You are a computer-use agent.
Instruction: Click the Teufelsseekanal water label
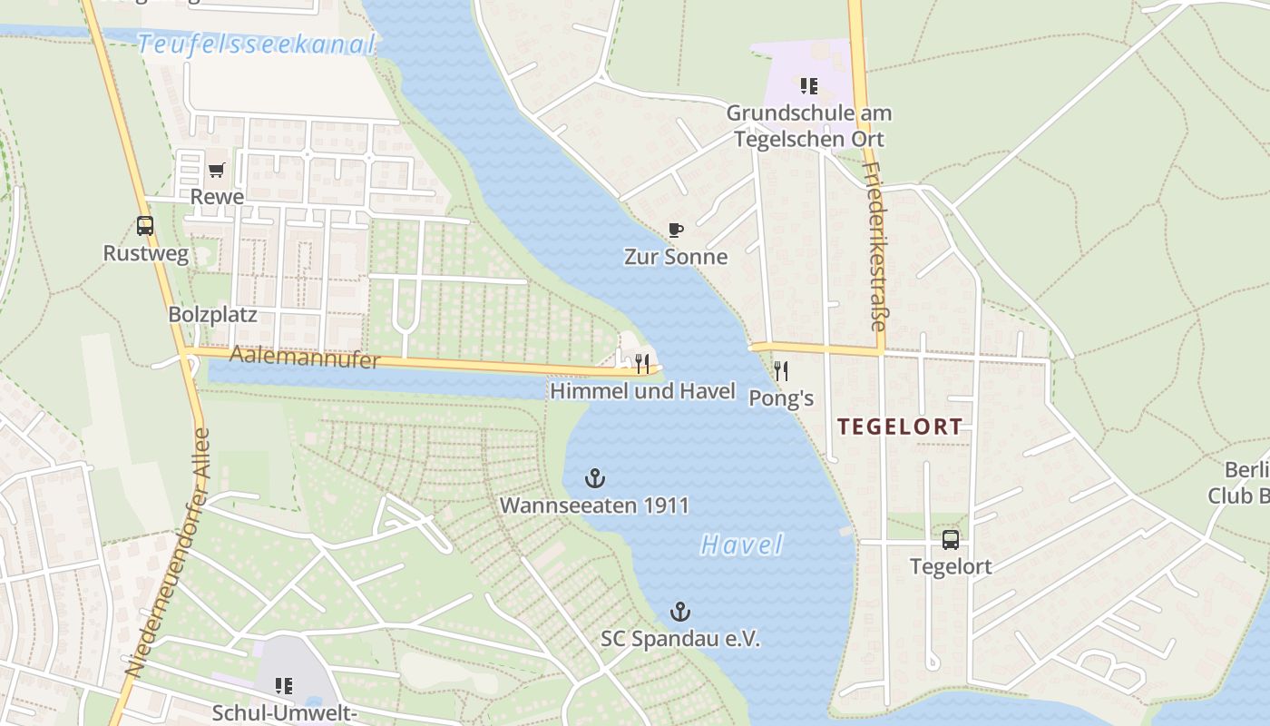[257, 44]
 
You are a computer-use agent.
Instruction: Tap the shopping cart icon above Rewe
[217, 170]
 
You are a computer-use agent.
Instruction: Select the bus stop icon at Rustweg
[145, 226]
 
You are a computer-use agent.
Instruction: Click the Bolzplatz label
[212, 315]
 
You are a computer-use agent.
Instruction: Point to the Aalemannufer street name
[304, 357]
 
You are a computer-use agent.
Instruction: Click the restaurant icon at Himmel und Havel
[642, 364]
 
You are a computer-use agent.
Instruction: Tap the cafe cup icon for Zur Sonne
[675, 230]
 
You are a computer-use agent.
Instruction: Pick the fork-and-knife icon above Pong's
[780, 370]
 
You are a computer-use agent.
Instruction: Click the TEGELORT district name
[899, 427]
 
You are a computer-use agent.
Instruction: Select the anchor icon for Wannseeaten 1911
[594, 477]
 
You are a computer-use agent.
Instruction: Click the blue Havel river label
[741, 544]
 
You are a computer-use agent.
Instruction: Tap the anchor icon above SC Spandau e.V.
[679, 612]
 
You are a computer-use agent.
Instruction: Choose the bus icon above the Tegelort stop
[950, 540]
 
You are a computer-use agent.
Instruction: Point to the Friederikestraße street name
[874, 246]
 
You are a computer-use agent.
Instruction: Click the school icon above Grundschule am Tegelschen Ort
[808, 86]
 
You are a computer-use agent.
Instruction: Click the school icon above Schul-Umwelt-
[284, 686]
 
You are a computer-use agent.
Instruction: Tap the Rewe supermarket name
[217, 197]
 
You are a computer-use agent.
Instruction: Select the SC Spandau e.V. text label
[680, 639]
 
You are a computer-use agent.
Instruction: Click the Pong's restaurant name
[781, 398]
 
